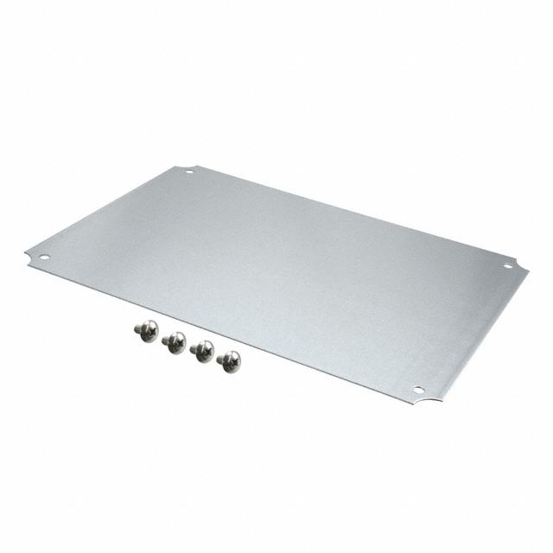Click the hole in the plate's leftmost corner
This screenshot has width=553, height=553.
pos(43,257)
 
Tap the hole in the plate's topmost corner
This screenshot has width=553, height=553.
pos(189,171)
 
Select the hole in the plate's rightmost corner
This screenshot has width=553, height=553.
pos(507,265)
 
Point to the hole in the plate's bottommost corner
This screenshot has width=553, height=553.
pos(418,390)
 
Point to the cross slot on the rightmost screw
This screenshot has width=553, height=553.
pos(232,362)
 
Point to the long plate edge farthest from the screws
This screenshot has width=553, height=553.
pos(346,211)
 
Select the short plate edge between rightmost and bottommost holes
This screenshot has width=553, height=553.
pos(475,333)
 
